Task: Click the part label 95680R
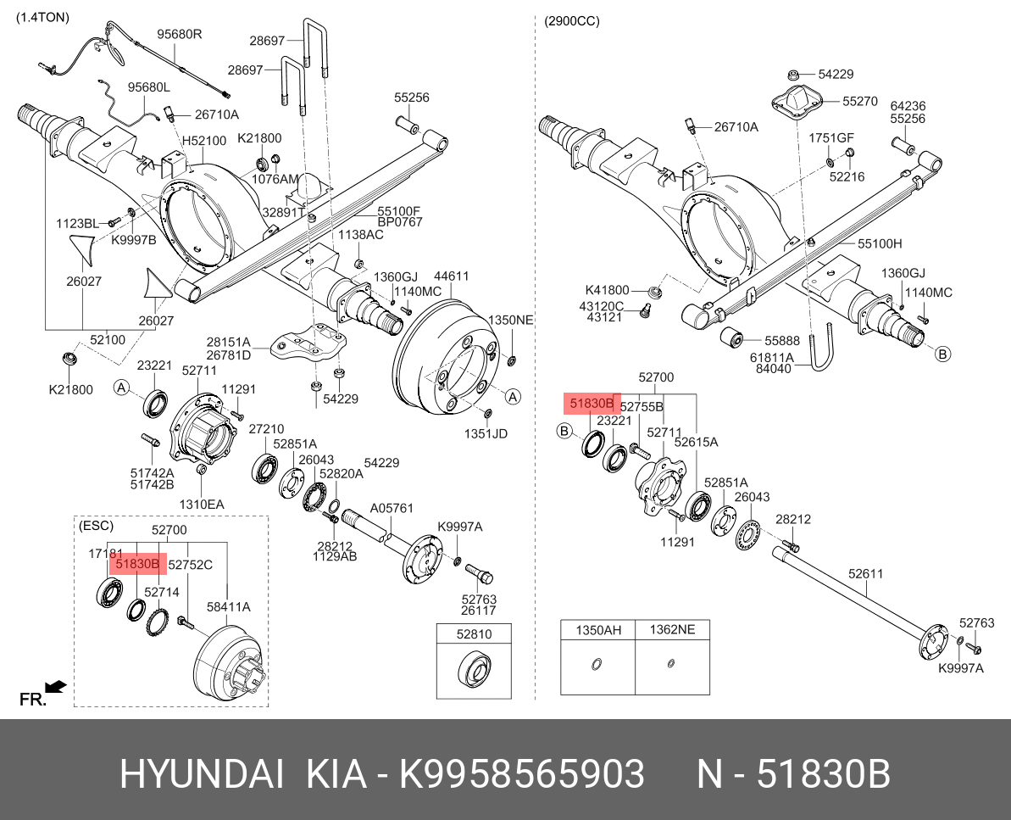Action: (x=179, y=35)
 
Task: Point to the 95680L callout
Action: (x=149, y=87)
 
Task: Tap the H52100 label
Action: (x=204, y=141)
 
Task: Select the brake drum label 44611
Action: (x=452, y=276)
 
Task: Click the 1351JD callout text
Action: (x=486, y=434)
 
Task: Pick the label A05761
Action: (x=392, y=509)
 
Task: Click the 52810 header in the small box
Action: (x=474, y=634)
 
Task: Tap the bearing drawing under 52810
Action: (x=474, y=670)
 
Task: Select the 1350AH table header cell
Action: (x=599, y=630)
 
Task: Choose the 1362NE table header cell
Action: (x=672, y=630)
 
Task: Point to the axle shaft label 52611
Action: (x=866, y=574)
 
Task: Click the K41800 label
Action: (x=608, y=290)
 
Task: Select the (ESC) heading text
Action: (x=95, y=526)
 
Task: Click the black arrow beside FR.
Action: (x=57, y=685)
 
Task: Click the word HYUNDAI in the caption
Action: (x=202, y=774)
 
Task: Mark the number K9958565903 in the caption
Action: (x=522, y=774)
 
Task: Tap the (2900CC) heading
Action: (x=572, y=20)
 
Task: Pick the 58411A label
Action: (x=228, y=607)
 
